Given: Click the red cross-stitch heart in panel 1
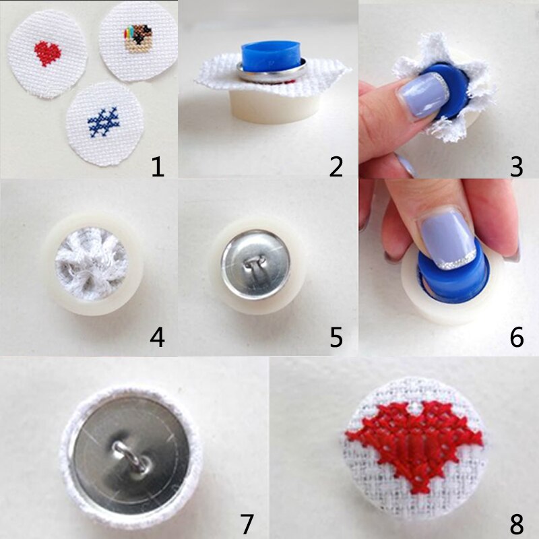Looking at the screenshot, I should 46,53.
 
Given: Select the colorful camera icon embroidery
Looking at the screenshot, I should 138,38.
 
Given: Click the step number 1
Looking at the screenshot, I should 158,165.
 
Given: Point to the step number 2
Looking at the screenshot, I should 336,165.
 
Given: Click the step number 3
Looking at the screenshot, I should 516,165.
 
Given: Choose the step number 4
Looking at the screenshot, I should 158,337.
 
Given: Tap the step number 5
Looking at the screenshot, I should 336,337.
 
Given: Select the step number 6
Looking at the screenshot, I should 516,337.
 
